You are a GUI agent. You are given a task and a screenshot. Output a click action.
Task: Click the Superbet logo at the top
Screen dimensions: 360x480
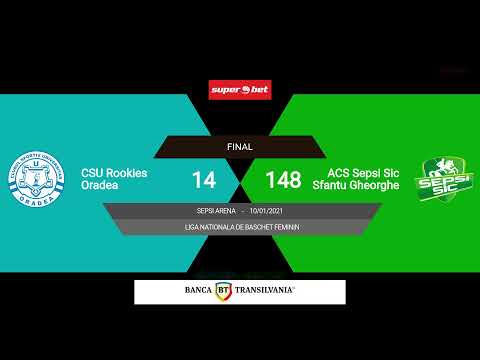[x=239, y=90]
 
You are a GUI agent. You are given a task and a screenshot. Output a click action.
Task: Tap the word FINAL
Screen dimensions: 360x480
[x=240, y=147]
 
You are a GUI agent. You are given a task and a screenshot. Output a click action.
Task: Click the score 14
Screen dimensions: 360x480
[x=204, y=180]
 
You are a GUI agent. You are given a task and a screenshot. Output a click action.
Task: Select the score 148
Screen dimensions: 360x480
[x=283, y=180]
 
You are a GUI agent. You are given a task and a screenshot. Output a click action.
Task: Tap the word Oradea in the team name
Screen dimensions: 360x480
[x=100, y=186]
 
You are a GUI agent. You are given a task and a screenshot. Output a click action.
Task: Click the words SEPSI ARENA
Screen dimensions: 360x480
[x=218, y=211]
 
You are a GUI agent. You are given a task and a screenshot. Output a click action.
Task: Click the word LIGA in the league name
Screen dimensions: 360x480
[x=192, y=227]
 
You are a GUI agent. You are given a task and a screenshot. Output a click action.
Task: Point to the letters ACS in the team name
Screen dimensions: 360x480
[x=324, y=173]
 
